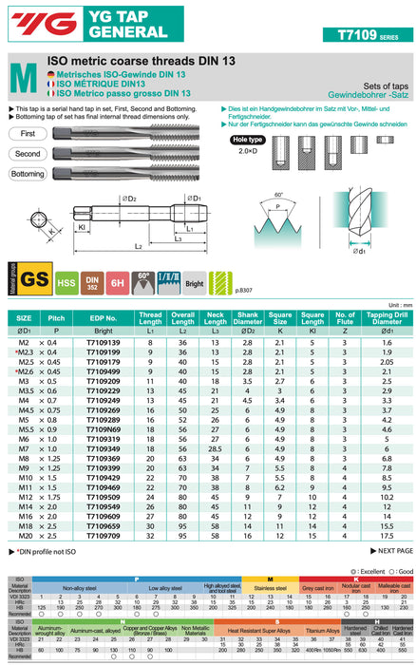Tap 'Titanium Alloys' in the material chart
point(323,630)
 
